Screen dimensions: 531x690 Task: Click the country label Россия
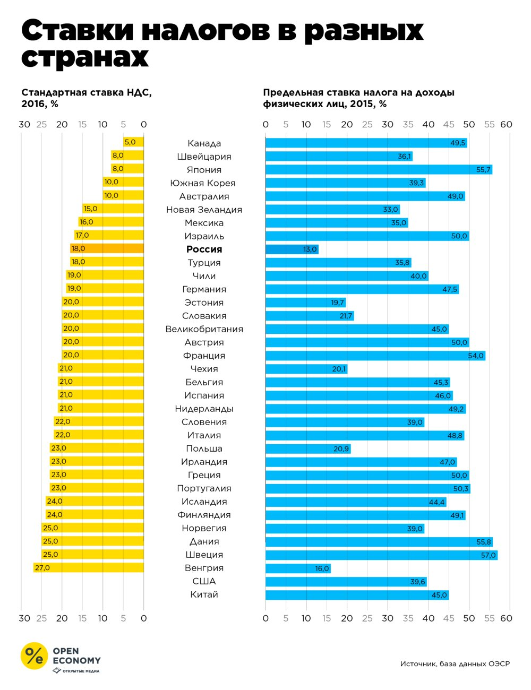204,249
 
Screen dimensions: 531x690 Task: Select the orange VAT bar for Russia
107,248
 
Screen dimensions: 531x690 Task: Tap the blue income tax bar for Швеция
381,555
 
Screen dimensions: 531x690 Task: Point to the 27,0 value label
42,568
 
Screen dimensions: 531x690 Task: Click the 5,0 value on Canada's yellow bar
130,142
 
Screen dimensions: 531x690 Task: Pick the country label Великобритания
204,329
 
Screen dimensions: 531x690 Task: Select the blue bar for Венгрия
298,568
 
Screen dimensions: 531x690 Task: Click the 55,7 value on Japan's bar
483,169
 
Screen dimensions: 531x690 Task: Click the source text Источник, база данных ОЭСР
455,663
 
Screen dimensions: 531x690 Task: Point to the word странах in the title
85,57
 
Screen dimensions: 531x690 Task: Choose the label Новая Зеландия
204,210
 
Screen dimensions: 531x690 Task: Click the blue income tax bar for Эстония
305,303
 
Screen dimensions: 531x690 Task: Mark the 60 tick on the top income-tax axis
506,125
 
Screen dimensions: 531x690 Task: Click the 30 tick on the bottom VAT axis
24,618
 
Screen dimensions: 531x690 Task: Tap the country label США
204,581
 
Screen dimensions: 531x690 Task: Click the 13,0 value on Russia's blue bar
310,249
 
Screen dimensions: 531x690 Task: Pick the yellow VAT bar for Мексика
111,222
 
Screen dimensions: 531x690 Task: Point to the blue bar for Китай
357,595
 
